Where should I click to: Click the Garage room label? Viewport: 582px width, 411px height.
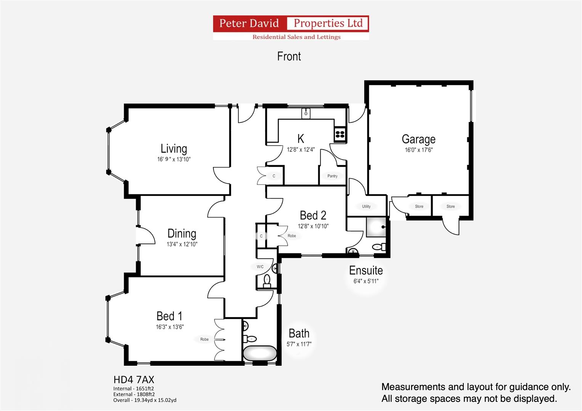[x=418, y=139]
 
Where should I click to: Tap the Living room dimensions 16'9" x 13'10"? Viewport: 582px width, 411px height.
[x=173, y=159]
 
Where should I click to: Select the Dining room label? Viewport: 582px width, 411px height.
[x=182, y=234]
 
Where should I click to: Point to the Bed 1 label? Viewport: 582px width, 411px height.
[x=169, y=316]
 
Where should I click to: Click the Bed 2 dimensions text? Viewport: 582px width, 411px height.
[x=313, y=226]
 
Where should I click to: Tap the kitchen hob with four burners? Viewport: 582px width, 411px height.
[x=340, y=134]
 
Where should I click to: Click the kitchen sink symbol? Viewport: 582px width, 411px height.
[x=306, y=113]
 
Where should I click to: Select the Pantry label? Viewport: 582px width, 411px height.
[x=332, y=176]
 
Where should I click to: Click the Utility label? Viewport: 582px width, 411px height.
[x=366, y=206]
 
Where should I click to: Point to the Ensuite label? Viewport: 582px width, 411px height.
[x=366, y=270]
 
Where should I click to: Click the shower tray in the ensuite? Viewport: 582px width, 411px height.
[x=376, y=227]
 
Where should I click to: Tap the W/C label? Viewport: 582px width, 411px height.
[x=260, y=267]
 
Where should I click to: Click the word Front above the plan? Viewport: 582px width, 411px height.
[x=289, y=56]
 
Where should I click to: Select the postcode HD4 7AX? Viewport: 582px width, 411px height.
[x=134, y=380]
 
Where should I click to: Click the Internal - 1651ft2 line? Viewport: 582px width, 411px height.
[x=133, y=389]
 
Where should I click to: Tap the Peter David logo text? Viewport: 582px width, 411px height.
[x=249, y=23]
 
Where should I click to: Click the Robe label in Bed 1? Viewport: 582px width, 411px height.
[x=204, y=339]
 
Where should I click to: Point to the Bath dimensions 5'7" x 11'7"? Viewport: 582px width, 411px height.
[x=299, y=344]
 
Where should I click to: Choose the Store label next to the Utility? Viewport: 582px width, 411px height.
[x=419, y=206]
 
